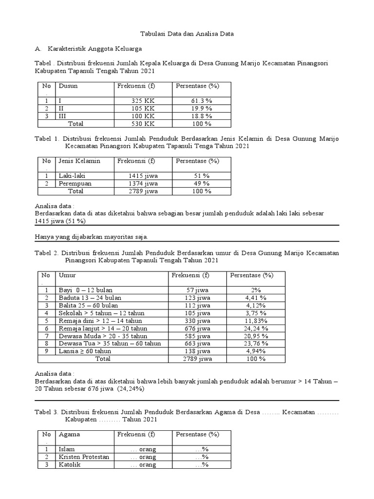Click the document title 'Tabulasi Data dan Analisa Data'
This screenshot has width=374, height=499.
coord(187,34)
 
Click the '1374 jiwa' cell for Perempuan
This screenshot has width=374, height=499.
coord(143,184)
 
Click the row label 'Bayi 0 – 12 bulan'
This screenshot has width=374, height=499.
coord(85,290)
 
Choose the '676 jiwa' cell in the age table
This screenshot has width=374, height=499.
coord(197,328)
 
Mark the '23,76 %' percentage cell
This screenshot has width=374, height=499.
coord(256,344)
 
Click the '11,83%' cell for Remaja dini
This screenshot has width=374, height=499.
coord(256,321)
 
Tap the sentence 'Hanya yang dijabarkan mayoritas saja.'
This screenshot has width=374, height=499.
coord(92,237)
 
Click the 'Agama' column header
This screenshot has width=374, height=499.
coord(69,434)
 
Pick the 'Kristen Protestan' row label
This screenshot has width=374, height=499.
coord(84,457)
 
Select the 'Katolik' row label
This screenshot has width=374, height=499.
coord(69,465)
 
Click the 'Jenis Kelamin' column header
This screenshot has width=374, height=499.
coord(79,161)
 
